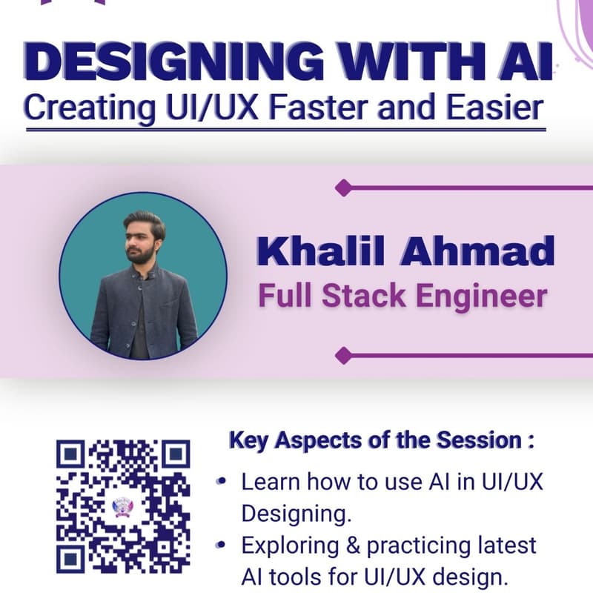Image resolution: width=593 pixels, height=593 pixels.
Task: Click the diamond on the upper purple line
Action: point(342,188)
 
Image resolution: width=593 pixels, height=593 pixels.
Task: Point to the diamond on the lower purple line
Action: point(342,355)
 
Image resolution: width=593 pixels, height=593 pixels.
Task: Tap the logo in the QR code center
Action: point(123,506)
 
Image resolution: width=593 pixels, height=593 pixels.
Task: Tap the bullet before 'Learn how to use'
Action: point(221,482)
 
